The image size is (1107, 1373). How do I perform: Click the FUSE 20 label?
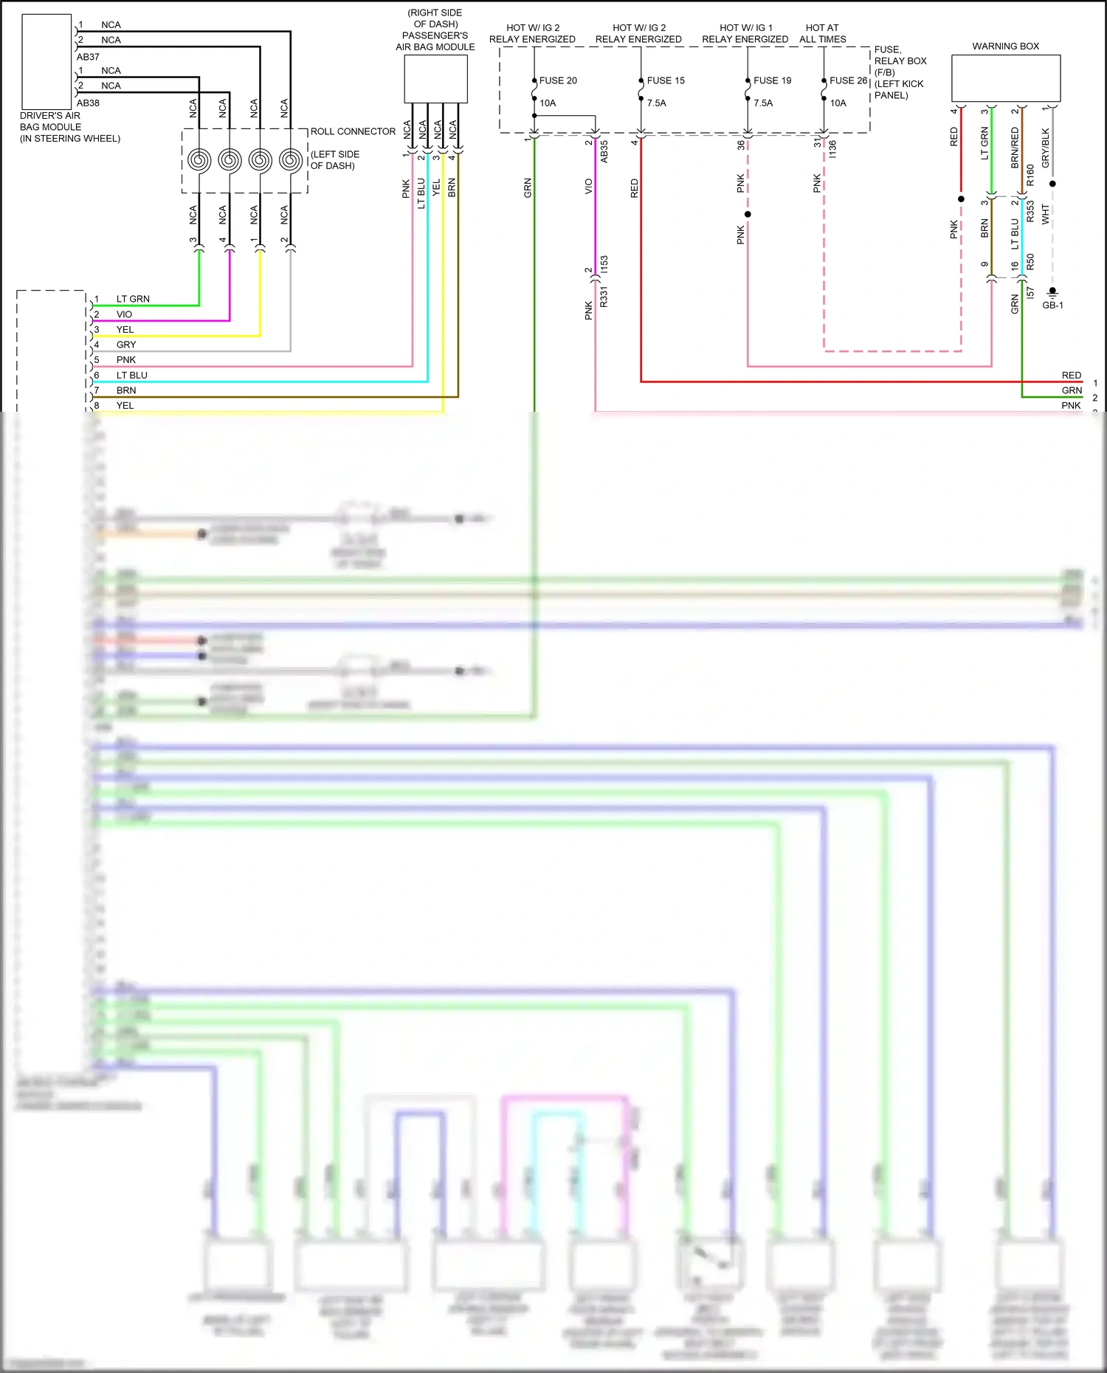point(558,80)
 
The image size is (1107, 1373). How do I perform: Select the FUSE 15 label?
point(666,80)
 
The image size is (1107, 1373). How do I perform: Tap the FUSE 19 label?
point(772,80)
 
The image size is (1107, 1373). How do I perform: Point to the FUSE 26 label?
point(848,80)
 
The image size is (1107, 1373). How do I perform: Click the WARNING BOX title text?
point(1005,46)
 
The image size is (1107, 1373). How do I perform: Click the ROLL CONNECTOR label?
point(353,131)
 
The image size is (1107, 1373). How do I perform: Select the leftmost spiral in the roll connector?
point(199,159)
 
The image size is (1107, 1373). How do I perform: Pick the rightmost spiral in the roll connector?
point(291,159)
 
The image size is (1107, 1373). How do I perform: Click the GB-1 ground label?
point(1052,305)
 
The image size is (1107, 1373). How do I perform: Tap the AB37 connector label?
point(88,57)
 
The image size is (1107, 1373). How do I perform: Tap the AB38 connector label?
point(88,103)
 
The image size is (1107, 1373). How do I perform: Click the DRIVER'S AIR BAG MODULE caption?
point(69,127)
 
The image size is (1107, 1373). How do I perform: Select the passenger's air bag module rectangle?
point(435,79)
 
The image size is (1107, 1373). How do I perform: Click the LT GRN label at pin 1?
point(133,299)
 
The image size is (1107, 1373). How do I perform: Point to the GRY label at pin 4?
point(126,345)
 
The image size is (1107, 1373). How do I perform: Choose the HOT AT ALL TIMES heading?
point(822,33)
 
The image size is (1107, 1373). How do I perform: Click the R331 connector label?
point(604,297)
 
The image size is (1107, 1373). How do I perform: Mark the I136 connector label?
point(832,149)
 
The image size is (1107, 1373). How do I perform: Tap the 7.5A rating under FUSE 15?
point(656,103)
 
